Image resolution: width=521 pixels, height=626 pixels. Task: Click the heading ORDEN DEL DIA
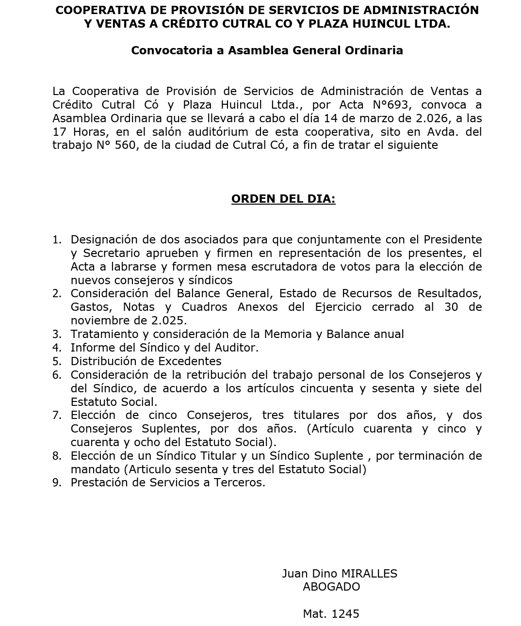click(283, 199)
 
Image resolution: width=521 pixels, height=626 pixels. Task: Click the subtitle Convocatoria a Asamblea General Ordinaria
click(267, 50)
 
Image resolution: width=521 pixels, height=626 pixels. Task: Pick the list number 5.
click(57, 361)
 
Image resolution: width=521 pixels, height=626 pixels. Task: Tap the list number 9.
click(57, 482)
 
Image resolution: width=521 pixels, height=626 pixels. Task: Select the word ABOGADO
click(331, 587)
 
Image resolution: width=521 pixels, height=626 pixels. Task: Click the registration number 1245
click(345, 614)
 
